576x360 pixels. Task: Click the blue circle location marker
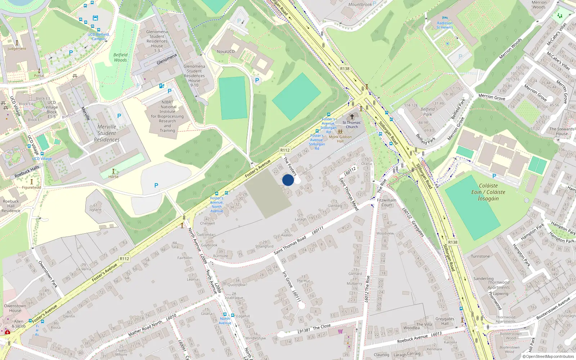pos(288,180)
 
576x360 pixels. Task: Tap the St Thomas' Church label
pos(352,125)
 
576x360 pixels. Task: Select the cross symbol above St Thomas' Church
pos(352,117)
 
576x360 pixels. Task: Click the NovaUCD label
pos(226,51)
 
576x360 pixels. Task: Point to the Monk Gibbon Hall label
pos(340,139)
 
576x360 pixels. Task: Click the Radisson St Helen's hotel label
pos(445,25)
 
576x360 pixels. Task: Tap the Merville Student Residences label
pos(107,133)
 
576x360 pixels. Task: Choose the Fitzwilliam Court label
pos(387,202)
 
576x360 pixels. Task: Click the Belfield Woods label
pos(120,57)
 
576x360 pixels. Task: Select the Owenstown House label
pos(15,308)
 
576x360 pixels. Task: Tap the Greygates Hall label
pos(445,321)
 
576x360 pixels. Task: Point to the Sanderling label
pos(483,279)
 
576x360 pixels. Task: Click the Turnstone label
pos(480,256)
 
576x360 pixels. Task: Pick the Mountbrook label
pos(360,5)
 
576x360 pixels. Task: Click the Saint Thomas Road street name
pos(290,245)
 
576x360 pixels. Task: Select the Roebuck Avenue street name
pos(412,338)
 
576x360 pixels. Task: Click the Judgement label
pos(17,49)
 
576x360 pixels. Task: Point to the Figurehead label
pos(31,187)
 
